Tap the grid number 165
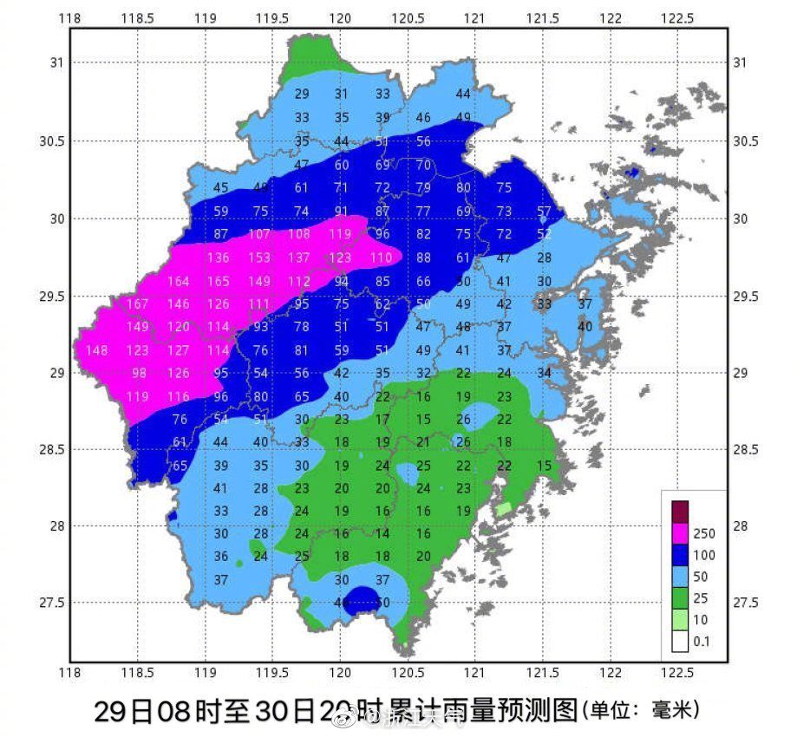(x=219, y=281)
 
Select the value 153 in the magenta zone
(x=259, y=258)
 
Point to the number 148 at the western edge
(x=97, y=350)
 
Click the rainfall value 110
(x=382, y=258)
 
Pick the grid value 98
(x=139, y=373)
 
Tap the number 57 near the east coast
(x=545, y=211)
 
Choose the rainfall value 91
(x=342, y=211)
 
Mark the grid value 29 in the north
(x=302, y=94)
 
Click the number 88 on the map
(x=423, y=258)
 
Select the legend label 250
(x=704, y=534)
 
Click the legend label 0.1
(x=702, y=642)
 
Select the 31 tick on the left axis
(x=56, y=62)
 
